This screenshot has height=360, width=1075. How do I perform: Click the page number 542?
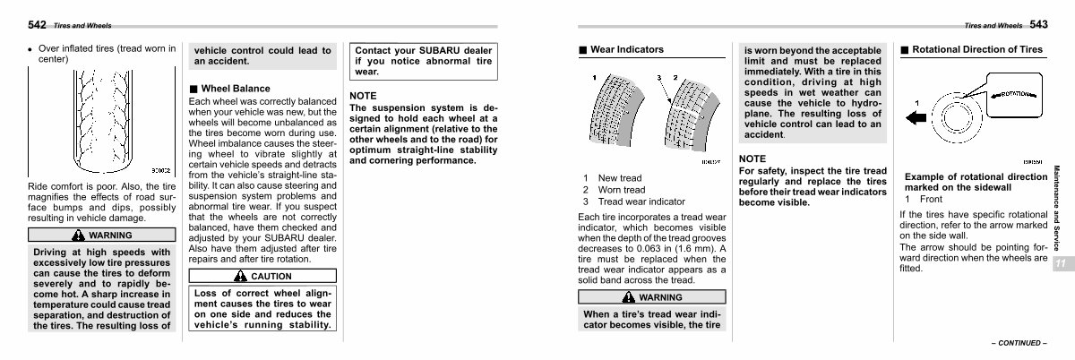pos(37,25)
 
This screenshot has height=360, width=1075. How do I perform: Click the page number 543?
pos(1039,25)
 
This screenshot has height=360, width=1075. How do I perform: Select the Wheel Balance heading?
pos(235,90)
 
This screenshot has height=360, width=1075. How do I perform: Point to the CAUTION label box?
pos(263,277)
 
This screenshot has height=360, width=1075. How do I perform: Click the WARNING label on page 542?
pos(101,236)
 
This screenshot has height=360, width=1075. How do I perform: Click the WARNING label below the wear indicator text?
pos(651,297)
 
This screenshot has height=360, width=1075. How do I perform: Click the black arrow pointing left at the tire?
pos(914,116)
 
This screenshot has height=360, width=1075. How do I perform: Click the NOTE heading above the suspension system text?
pos(363,95)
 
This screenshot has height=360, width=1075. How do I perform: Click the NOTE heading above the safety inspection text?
pos(752,158)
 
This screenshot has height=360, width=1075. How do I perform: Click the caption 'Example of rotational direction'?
pos(976,177)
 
